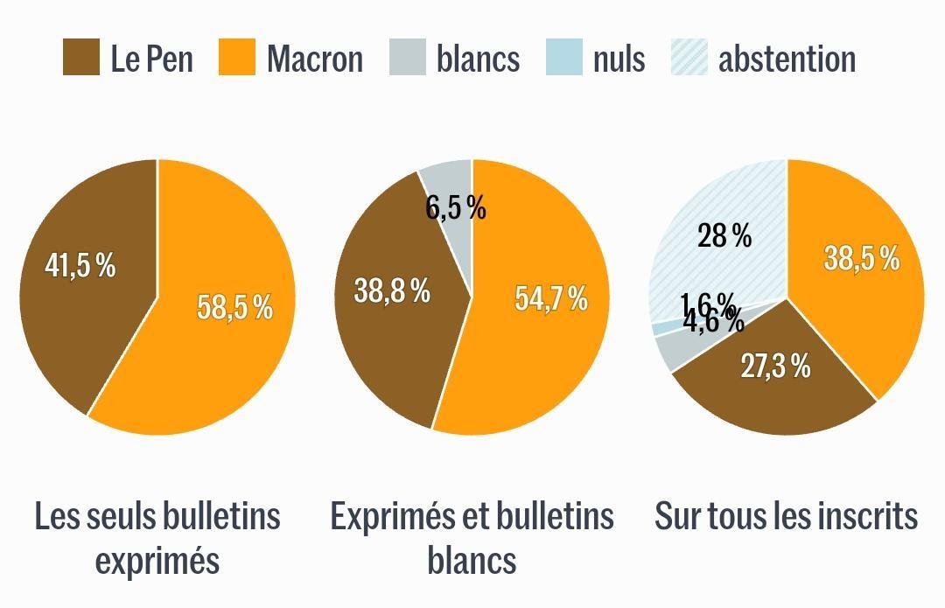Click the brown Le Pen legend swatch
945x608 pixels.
click(x=81, y=58)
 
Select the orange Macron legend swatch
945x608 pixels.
click(x=237, y=58)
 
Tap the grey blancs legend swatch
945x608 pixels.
click(x=407, y=58)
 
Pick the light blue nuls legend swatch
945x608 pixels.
click(x=564, y=58)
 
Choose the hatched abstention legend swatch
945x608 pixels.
click(x=689, y=58)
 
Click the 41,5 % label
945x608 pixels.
click(x=80, y=266)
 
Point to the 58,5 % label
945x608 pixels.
click(x=234, y=307)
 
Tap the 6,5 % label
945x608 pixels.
click(x=455, y=208)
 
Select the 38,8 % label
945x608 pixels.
click(x=391, y=290)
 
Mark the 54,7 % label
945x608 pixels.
click(x=550, y=298)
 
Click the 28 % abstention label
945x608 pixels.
click(x=724, y=235)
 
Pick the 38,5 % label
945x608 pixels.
click(x=862, y=258)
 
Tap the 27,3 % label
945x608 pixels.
click(x=775, y=367)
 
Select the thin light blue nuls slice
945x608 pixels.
click(x=658, y=328)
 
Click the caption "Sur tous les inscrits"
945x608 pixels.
click(x=786, y=516)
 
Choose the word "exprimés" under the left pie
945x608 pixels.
click(x=157, y=561)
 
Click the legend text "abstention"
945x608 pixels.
click(x=787, y=59)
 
